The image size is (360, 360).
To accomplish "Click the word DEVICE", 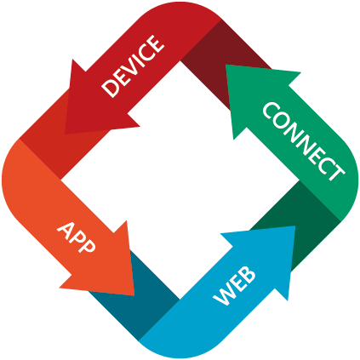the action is coord(133,66).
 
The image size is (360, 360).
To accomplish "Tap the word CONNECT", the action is coord(304,141).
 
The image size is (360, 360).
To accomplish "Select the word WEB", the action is coord(234,286).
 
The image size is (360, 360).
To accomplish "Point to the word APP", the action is coord(76,237).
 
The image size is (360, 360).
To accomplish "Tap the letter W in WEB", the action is coord(225,295).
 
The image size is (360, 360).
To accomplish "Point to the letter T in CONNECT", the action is coord(335,171).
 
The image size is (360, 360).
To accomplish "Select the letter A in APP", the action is coord(66,229).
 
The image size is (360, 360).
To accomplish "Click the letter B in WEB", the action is coord(248,274).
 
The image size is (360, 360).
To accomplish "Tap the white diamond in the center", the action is coord(180,180).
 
